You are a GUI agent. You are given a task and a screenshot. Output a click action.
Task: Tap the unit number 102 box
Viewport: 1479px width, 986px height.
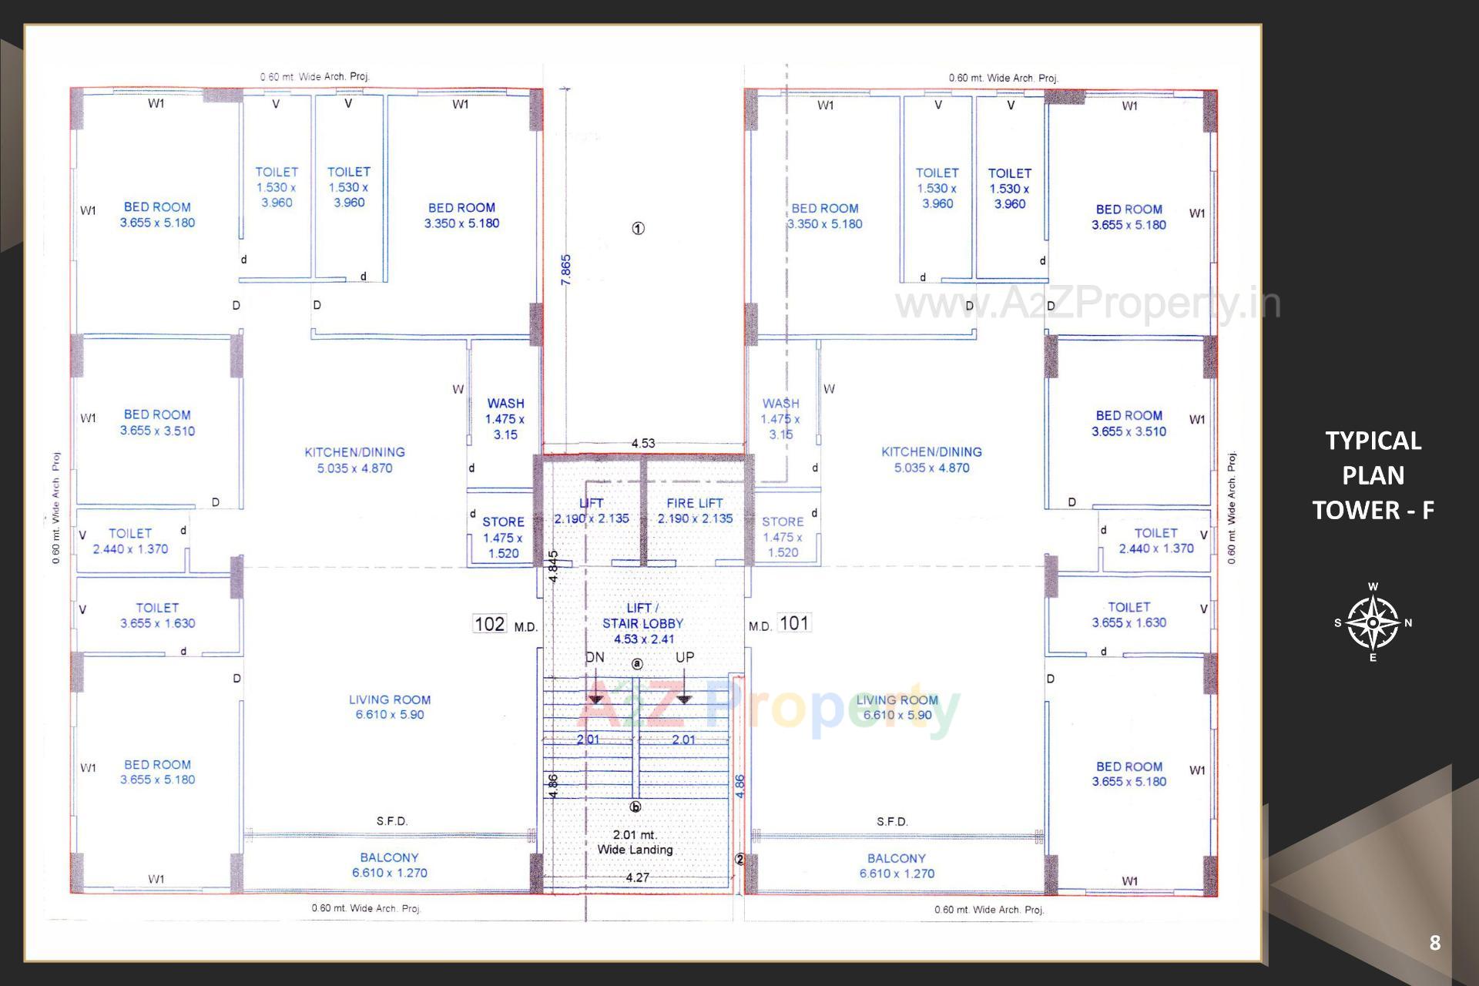point(490,624)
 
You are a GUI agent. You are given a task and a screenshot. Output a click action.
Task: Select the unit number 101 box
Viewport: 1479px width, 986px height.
point(794,622)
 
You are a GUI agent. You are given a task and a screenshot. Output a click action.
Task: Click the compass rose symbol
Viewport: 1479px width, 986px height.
point(1373,622)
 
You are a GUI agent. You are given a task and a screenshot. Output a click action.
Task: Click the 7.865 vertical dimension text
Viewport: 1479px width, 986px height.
point(566,270)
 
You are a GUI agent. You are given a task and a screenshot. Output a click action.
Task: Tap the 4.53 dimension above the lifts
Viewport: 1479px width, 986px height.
point(642,443)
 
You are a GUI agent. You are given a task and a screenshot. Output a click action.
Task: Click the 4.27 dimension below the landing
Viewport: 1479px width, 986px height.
point(637,877)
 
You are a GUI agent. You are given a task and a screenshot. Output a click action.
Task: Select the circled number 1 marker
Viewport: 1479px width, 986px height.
point(638,228)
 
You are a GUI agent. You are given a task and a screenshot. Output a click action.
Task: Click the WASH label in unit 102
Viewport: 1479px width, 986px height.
point(505,403)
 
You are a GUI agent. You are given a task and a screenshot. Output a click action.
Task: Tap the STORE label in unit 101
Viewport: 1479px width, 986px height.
point(783,522)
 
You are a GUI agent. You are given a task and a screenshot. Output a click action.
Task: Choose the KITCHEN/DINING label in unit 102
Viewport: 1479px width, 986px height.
point(354,452)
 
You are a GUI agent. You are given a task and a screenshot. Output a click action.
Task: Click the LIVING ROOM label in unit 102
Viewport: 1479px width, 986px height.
point(390,699)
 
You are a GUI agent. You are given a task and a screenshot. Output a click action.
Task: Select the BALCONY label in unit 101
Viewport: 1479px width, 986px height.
point(896,858)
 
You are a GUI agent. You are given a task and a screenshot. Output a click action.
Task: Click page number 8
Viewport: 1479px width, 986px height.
point(1434,943)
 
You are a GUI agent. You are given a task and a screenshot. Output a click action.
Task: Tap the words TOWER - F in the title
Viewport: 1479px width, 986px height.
point(1373,510)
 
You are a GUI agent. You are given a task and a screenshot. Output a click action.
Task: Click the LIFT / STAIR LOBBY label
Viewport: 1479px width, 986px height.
point(642,622)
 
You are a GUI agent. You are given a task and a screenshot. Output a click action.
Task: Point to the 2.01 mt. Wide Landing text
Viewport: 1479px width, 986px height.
point(635,842)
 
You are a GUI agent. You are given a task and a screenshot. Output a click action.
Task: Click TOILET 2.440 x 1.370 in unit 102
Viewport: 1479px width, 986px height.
point(130,541)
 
